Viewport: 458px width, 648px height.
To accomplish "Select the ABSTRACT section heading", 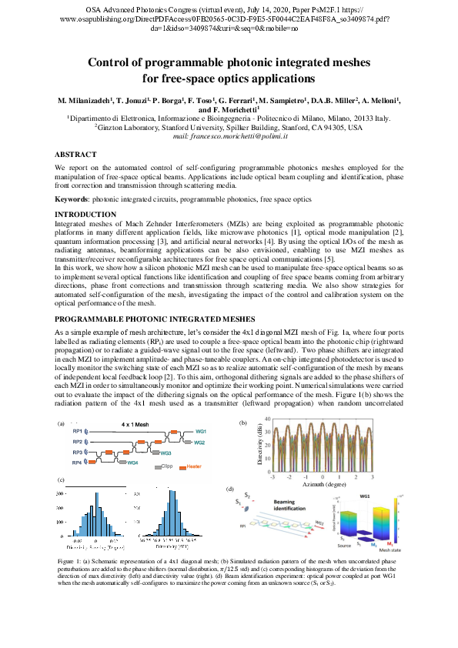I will click(x=75, y=154).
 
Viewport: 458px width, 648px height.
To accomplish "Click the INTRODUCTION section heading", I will click(x=85, y=214).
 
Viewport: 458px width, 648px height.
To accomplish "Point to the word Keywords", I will click(x=71, y=199).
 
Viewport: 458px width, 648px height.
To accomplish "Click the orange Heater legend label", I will click(x=192, y=467).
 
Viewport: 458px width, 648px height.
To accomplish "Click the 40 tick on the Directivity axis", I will click(x=266, y=419).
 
